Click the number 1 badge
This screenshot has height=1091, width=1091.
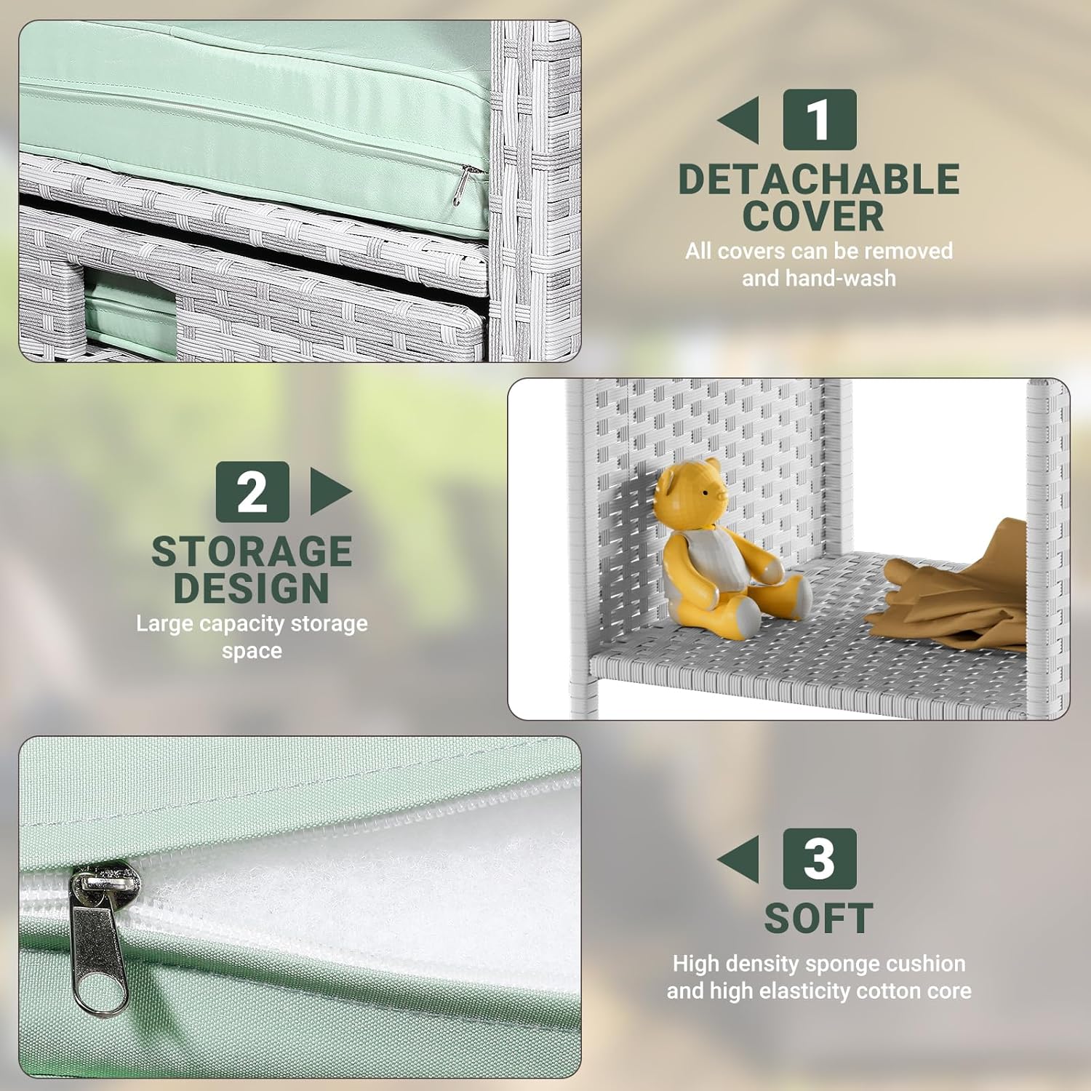819,119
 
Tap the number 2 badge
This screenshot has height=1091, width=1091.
252,492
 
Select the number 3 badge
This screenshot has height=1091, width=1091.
820,858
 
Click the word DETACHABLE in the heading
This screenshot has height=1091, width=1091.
819,179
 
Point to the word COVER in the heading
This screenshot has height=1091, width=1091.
813,216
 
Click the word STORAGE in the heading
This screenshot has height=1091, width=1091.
252,551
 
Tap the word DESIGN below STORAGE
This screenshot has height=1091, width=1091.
251,588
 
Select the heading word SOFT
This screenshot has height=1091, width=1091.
819,918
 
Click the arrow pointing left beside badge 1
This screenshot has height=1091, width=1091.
738,120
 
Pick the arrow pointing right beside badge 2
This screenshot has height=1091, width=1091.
332,492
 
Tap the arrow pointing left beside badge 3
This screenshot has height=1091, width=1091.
738,859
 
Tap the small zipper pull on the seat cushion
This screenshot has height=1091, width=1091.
462,185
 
